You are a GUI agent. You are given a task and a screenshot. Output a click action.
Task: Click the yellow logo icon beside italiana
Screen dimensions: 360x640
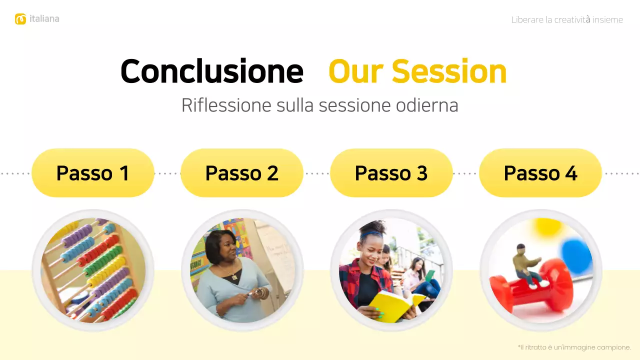[x=20, y=19]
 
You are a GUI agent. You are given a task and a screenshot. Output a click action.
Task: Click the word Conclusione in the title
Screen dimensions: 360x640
[x=212, y=71]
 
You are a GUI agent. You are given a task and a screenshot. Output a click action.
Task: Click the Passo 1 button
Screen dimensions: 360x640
[x=93, y=173]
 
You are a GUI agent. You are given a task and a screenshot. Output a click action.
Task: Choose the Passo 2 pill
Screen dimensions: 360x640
[x=242, y=173]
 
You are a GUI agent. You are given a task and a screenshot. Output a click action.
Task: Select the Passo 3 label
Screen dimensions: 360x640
[x=391, y=173]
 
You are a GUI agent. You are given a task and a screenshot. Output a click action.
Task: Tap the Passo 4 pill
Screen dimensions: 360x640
[x=540, y=173]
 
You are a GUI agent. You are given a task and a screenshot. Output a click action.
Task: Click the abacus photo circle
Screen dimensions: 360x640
[x=93, y=270]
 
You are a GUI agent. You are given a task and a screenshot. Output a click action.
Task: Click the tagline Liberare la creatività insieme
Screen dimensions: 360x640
[x=567, y=20]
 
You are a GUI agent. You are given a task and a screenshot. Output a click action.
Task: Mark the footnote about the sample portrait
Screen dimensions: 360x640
[x=574, y=347]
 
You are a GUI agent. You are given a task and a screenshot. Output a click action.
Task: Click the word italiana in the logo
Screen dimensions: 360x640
[x=44, y=19]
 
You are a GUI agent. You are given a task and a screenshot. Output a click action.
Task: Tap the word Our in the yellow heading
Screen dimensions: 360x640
[x=356, y=71]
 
